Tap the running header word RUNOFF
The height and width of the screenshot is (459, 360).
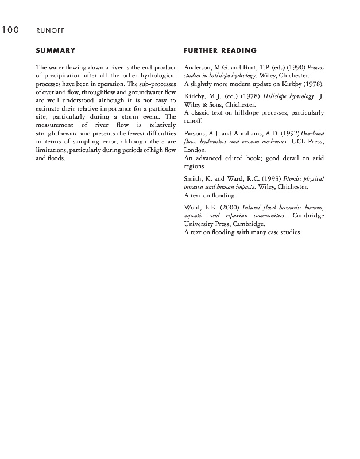[x=50, y=31]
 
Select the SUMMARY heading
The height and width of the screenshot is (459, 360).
[x=56, y=51]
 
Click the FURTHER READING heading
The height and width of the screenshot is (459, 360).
[x=220, y=51]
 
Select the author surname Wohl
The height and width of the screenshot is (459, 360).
[x=192, y=208]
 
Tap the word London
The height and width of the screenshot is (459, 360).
[x=195, y=150]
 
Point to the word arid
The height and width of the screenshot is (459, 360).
[x=318, y=158]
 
